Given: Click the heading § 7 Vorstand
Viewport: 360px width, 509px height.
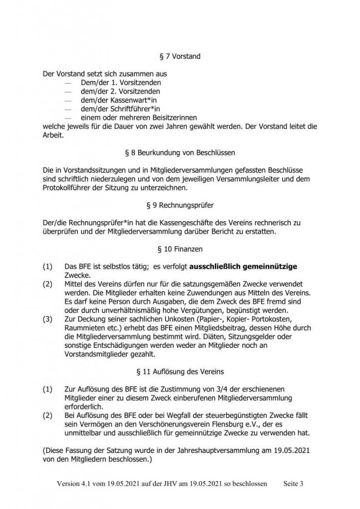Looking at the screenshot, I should [x=180, y=57].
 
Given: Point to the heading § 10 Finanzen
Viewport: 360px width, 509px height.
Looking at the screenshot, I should [x=180, y=246].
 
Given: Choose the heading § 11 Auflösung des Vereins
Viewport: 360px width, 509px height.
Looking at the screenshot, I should [x=180, y=371].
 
